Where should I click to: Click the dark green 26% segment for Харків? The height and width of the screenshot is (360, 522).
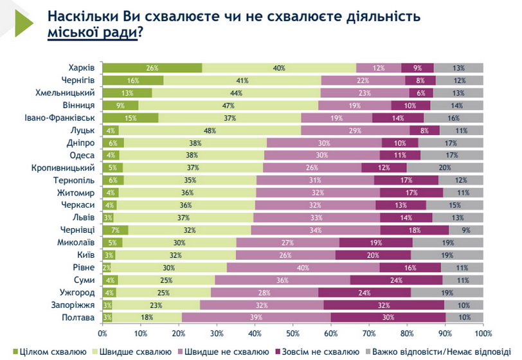[x=152, y=68]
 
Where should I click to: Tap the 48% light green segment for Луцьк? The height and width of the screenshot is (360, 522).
[x=209, y=129]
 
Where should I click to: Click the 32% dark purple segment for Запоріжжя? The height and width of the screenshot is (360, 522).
[x=384, y=305]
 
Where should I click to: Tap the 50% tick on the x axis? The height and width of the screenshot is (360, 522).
[x=293, y=334]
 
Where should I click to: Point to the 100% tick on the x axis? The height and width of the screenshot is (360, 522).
[x=483, y=334]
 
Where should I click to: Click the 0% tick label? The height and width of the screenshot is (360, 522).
[x=103, y=334]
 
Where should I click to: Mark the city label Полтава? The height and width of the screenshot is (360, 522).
[x=80, y=317]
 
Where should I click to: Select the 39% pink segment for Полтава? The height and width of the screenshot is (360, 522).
[x=256, y=317]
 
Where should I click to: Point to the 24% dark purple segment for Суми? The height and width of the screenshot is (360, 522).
[x=396, y=280]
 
